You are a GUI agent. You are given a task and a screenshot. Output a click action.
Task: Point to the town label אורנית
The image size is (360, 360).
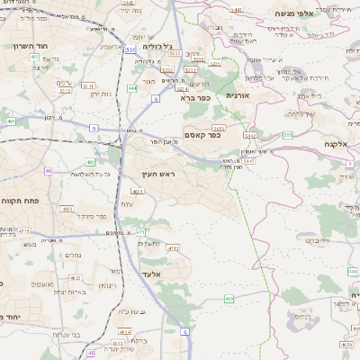coord(237,95)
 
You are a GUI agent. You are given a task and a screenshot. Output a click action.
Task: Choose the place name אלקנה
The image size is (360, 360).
coord(335,144)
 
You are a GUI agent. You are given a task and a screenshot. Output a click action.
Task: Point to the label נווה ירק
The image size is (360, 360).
coord(96,94)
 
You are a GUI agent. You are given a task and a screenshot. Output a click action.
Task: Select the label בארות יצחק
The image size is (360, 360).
coord(67,292)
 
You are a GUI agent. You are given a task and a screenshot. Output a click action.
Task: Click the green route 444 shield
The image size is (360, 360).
coord(131,88)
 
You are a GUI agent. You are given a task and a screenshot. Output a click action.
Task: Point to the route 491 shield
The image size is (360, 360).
coord(11,121)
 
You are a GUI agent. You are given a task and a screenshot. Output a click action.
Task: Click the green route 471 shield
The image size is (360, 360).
coord(140,232)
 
